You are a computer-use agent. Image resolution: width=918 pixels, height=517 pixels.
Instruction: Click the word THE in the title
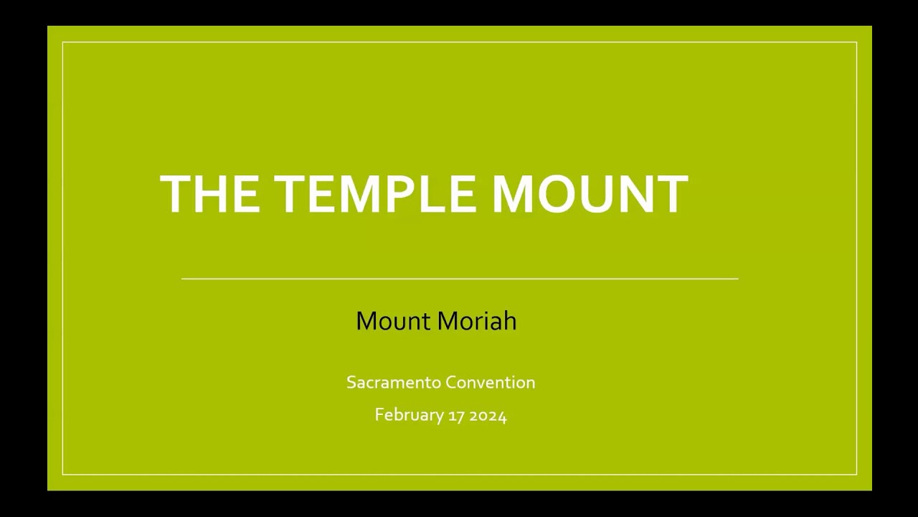pos(209,194)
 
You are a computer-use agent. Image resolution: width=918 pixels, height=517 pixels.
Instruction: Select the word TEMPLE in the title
pos(374,194)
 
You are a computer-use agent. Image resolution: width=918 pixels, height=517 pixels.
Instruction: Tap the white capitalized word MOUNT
pos(590,194)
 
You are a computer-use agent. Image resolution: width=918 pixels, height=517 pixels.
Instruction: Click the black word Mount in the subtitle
pos(394,321)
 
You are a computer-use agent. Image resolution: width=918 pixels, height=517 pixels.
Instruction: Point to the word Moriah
pos(477,320)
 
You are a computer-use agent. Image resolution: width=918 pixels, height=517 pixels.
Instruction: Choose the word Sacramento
pos(394,383)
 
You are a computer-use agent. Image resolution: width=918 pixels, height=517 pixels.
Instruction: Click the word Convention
pos(490,383)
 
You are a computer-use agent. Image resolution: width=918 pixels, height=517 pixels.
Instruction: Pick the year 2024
pos(488,416)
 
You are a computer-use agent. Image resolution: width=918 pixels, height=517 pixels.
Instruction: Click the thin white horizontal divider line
pos(460,279)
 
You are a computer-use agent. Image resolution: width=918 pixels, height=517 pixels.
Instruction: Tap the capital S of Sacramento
pos(351,383)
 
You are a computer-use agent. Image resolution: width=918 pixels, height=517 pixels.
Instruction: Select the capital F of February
pos(379,414)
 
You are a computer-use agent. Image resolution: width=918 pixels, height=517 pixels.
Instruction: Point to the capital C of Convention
pos(451,383)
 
